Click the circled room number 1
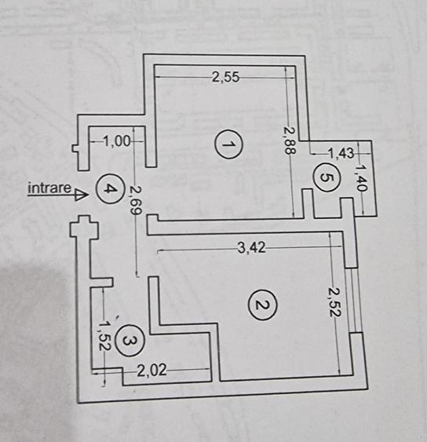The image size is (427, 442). click(x=228, y=144)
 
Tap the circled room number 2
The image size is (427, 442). click(x=262, y=305)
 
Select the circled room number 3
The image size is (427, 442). click(x=130, y=341)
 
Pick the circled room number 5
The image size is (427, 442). click(x=327, y=178)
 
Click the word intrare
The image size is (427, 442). click(x=49, y=188)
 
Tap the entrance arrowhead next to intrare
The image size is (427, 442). click(x=81, y=195)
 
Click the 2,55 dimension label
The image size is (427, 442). click(x=225, y=77)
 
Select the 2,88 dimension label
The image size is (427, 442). click(x=290, y=141)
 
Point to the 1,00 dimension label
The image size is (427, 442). click(x=117, y=141)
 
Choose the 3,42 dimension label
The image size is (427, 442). click(x=252, y=248)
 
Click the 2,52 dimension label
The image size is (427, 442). click(x=335, y=302)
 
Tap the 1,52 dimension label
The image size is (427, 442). click(x=103, y=336)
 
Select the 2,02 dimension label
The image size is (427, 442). click(x=152, y=371)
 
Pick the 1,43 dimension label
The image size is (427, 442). click(x=341, y=153)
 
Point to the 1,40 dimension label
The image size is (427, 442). click(x=361, y=178)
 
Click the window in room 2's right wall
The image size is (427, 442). click(x=353, y=300)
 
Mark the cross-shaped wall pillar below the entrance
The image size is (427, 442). click(x=84, y=228)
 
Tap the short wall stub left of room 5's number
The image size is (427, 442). click(x=308, y=203)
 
